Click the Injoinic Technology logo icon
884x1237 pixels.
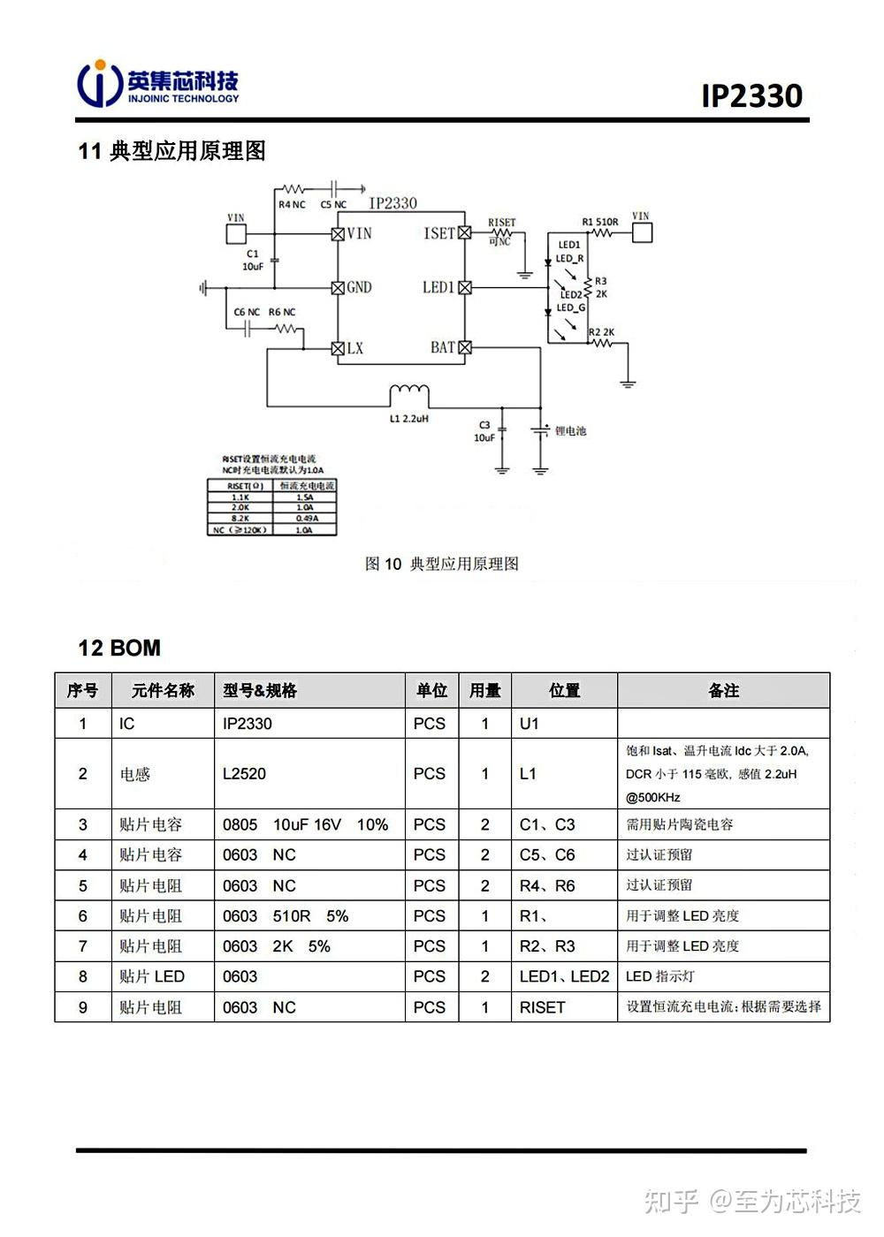(x=100, y=83)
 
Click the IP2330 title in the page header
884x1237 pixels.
(x=751, y=95)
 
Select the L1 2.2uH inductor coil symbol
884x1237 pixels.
(x=409, y=392)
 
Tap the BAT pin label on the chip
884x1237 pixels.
(x=443, y=347)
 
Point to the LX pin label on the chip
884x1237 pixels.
(x=354, y=348)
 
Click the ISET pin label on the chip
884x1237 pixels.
(x=438, y=233)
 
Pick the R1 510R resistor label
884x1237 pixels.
(x=599, y=222)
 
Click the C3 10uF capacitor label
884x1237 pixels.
(x=484, y=431)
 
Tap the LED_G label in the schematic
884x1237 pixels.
(x=570, y=308)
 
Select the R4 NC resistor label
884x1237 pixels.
(x=292, y=204)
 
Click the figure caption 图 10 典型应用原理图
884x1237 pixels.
(x=442, y=564)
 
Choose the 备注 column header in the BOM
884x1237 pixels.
(x=723, y=690)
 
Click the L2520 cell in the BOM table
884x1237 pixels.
(x=244, y=773)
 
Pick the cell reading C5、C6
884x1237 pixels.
(x=547, y=854)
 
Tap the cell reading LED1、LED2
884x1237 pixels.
(x=564, y=976)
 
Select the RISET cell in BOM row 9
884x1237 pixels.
(x=542, y=1006)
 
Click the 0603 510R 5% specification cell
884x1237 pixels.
(x=286, y=915)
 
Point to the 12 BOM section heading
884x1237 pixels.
(x=119, y=648)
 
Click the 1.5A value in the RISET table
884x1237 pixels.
(x=304, y=497)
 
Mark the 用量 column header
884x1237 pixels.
(x=484, y=690)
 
